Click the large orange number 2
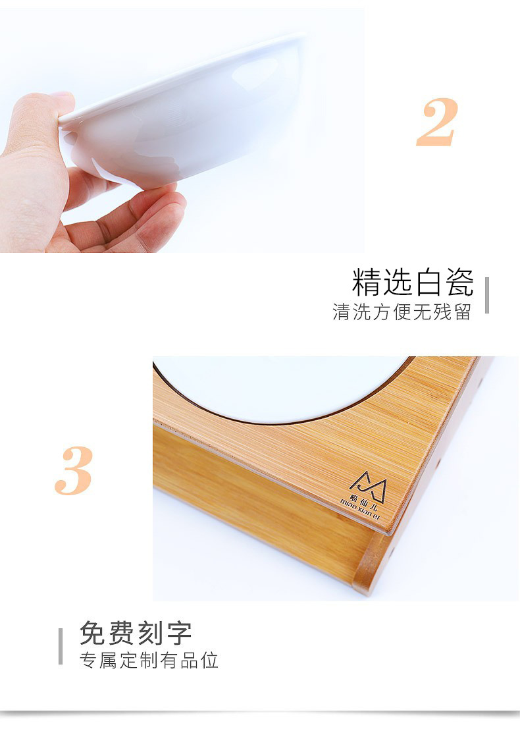(x=436, y=122)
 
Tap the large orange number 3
(x=74, y=471)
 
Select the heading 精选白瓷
(x=412, y=283)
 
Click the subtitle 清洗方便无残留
(x=402, y=312)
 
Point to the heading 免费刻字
(x=136, y=634)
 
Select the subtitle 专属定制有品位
(x=149, y=661)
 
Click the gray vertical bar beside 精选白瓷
(x=487, y=295)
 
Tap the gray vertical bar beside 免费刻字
(x=61, y=646)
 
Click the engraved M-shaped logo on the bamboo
(x=367, y=486)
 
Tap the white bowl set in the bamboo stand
(x=276, y=385)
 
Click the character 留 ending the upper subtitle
(x=463, y=312)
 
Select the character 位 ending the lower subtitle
(x=210, y=661)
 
